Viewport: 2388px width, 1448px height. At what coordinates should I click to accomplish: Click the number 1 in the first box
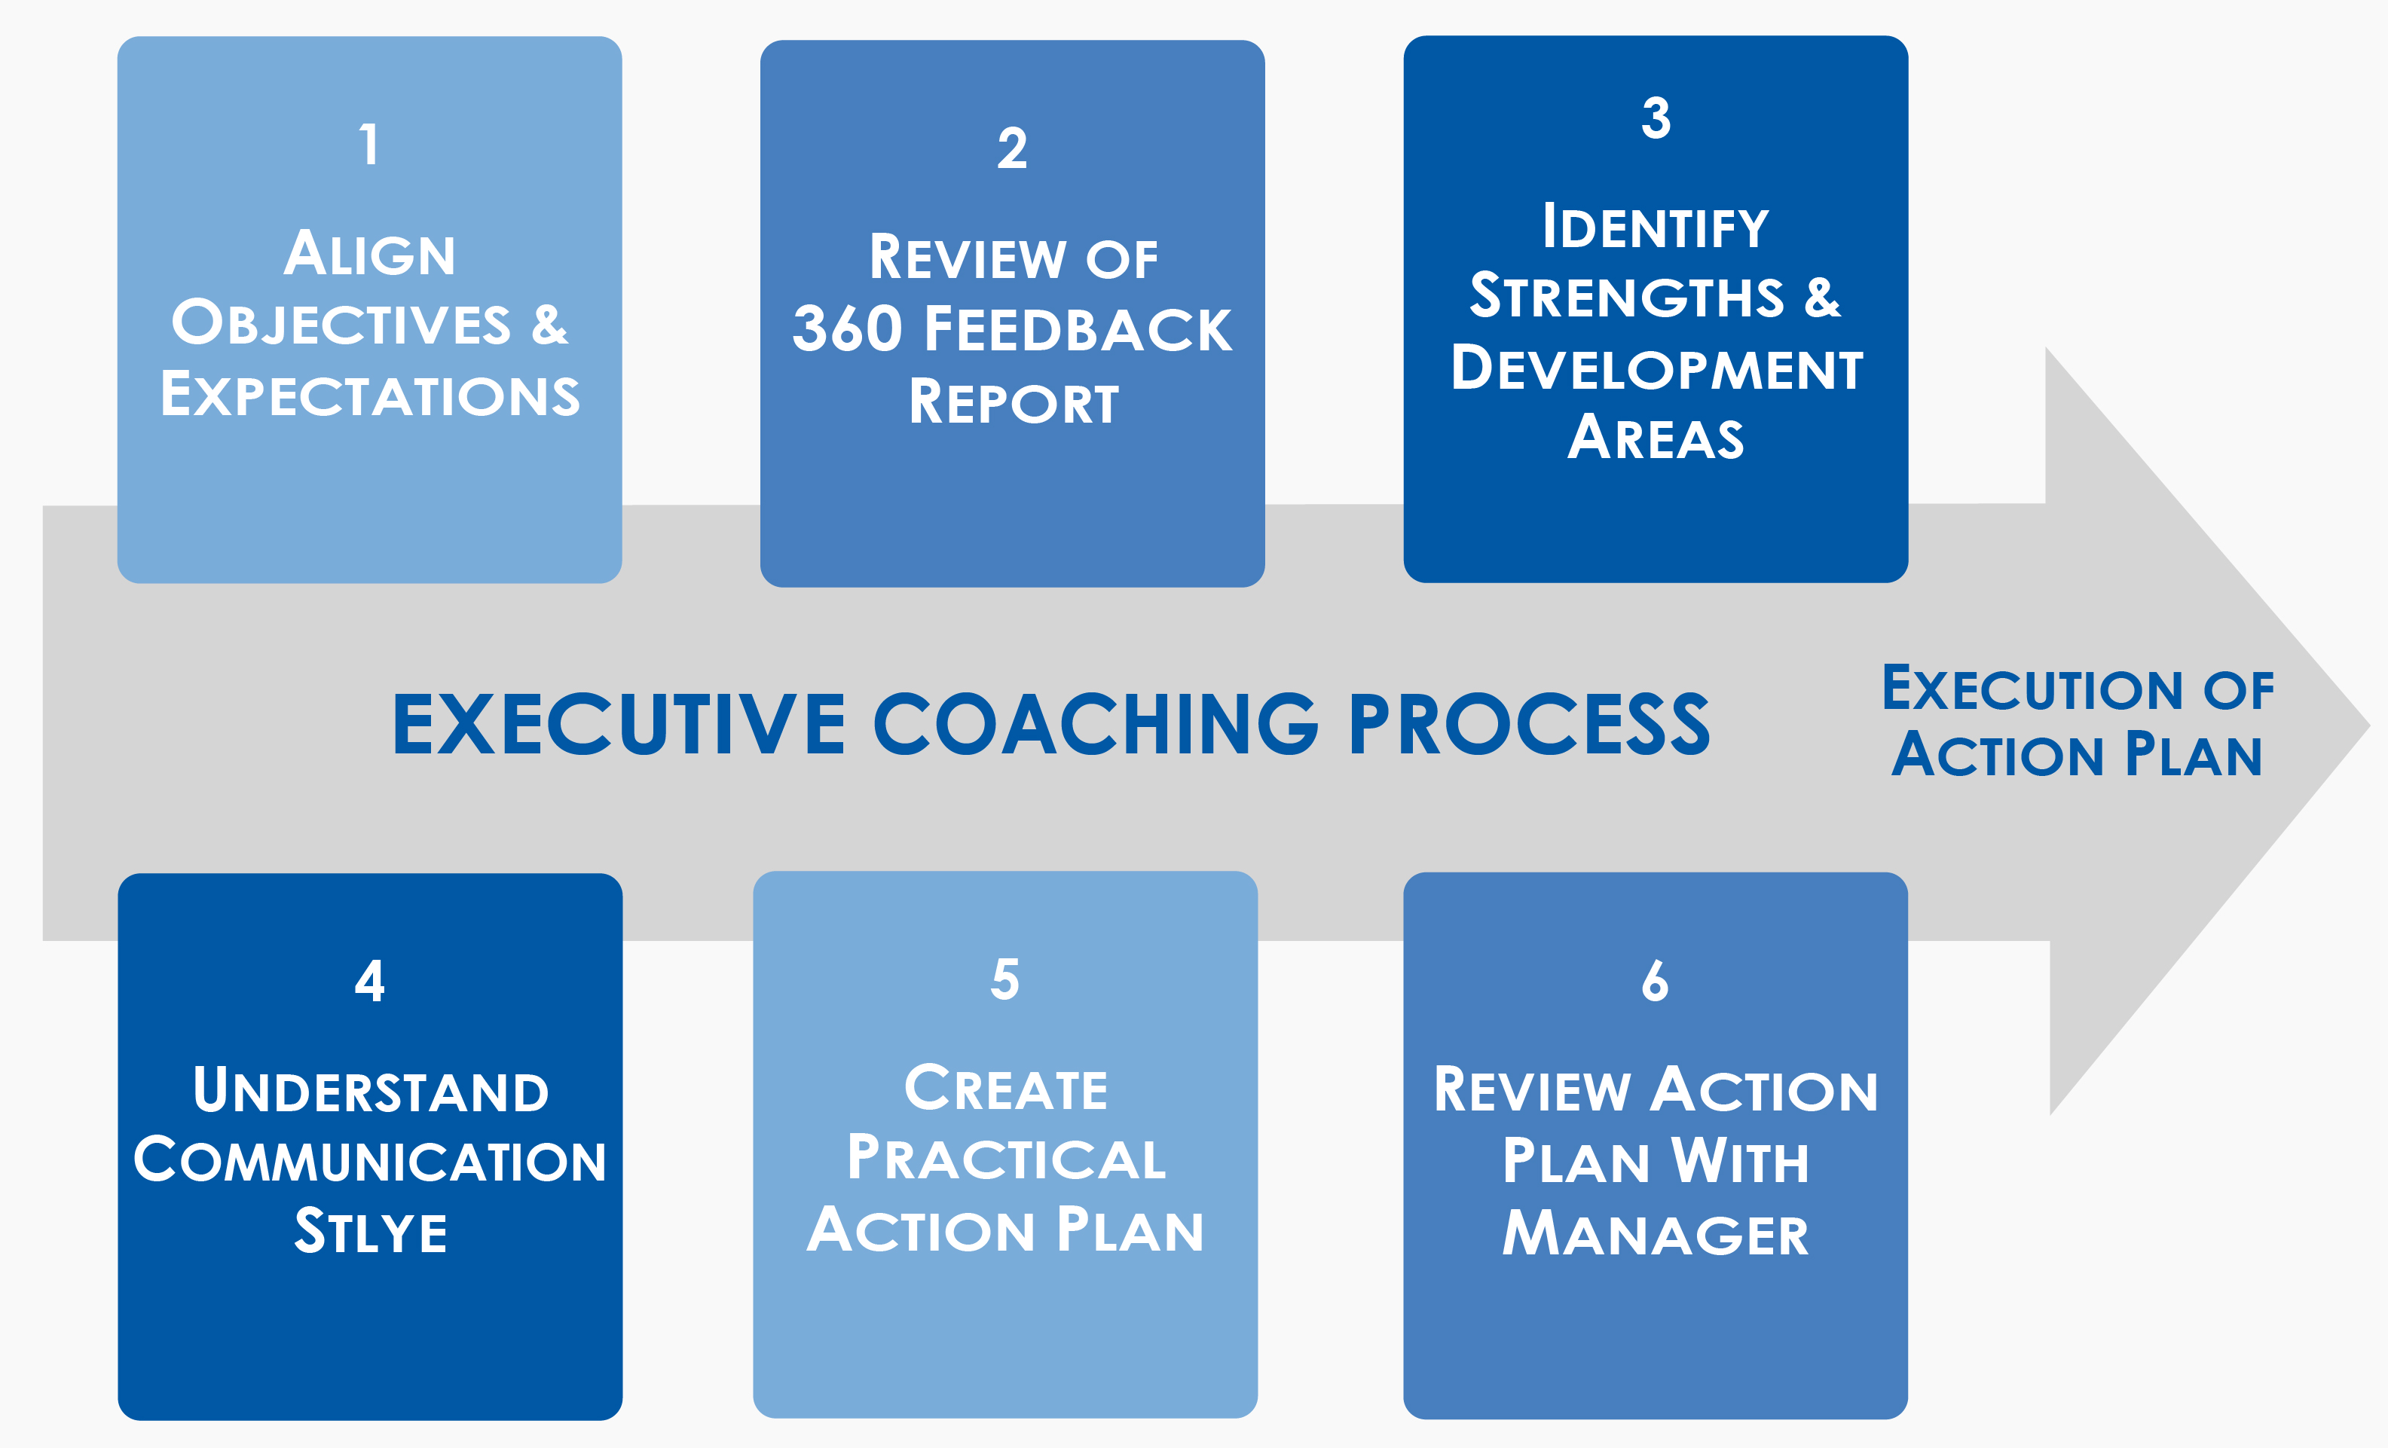[x=369, y=145]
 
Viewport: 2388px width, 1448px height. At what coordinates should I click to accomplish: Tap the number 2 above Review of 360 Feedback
[x=1012, y=148]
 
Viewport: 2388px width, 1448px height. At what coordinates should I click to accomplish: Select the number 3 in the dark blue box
[x=1656, y=118]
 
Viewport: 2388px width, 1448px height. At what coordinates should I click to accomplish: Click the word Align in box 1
[x=369, y=253]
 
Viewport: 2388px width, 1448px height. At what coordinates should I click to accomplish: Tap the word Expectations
[x=370, y=395]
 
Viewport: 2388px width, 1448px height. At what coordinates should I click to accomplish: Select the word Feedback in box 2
[x=1078, y=328]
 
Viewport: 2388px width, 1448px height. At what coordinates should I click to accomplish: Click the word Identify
[x=1656, y=227]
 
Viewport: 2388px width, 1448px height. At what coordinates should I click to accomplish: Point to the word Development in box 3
[x=1657, y=368]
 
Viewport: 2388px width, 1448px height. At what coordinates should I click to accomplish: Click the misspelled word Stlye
[x=370, y=1231]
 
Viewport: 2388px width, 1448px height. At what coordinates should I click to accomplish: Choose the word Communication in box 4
[x=370, y=1160]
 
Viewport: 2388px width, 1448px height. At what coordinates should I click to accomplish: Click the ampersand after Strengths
[x=1822, y=297]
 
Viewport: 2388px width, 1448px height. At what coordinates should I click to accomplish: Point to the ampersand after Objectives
[x=549, y=324]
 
